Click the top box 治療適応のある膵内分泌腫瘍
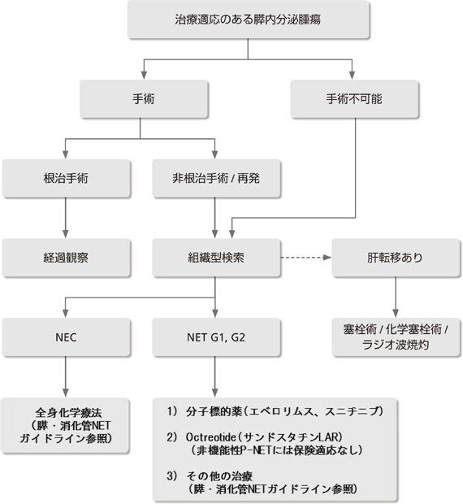pyautogui.click(x=249, y=20)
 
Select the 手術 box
pyautogui.click(x=144, y=99)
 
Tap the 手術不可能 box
pyautogui.click(x=354, y=99)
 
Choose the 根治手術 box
pyautogui.click(x=66, y=178)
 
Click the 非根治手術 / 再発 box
pyautogui.click(x=216, y=178)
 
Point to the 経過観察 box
pyautogui.click(x=66, y=258)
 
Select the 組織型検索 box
pyautogui.click(x=216, y=258)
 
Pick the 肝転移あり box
pyautogui.click(x=396, y=258)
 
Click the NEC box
pyautogui.click(x=66, y=337)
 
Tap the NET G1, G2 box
pyautogui.click(x=216, y=337)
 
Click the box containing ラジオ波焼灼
pyautogui.click(x=396, y=337)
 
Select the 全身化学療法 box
pyautogui.click(x=66, y=426)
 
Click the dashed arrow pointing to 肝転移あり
pyautogui.click(x=306, y=258)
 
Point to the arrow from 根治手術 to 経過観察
pyautogui.click(x=66, y=218)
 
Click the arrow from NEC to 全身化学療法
pyautogui.click(x=66, y=376)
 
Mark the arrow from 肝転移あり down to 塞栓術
pyautogui.click(x=396, y=297)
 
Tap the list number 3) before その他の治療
pyautogui.click(x=171, y=476)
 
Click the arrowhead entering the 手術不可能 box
pyautogui.click(x=353, y=76)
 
